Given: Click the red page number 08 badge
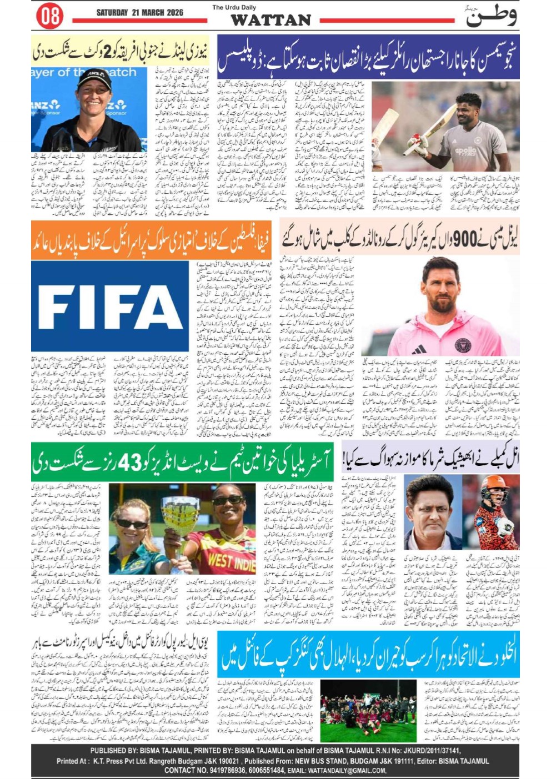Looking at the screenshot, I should (49, 16).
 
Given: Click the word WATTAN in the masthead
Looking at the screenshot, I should (271, 21).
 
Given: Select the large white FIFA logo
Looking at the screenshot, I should (109, 307).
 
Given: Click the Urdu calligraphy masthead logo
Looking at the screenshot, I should (492, 17).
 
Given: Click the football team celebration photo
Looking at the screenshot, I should (368, 711).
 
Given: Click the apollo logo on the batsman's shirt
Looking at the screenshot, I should (466, 150).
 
